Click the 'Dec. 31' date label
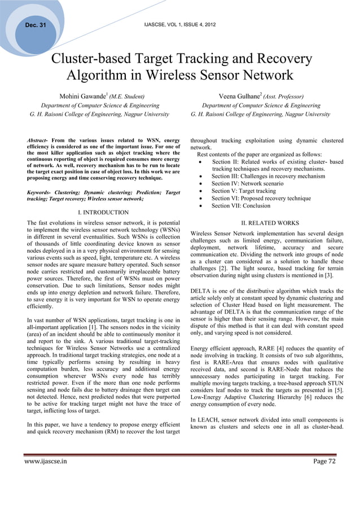pyautogui.click(x=35, y=24)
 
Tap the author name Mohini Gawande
pyautogui.click(x=84, y=96)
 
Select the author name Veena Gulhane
pyautogui.click(x=242, y=96)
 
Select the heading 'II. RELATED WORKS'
pyautogui.click(x=267, y=223)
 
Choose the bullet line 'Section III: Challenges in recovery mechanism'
pyautogui.click(x=268, y=177)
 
